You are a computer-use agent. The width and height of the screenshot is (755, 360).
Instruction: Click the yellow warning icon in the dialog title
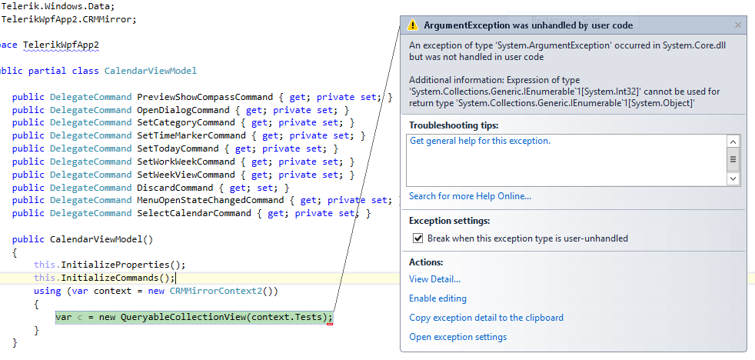[413, 25]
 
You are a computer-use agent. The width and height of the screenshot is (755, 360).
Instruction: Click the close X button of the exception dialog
[738, 25]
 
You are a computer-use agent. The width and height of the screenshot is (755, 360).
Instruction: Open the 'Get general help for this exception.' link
[480, 141]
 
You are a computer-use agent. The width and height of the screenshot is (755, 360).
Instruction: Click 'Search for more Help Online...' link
[470, 196]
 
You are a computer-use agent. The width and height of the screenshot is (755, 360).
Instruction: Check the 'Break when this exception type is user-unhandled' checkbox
[418, 238]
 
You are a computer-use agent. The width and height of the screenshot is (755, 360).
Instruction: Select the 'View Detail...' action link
[434, 279]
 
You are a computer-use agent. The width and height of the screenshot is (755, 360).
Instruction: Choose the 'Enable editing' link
[437, 298]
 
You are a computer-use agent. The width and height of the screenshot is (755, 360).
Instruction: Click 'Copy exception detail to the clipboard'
[486, 318]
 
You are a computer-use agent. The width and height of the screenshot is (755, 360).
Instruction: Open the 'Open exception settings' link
[457, 337]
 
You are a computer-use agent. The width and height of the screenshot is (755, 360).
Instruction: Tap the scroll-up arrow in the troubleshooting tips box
[733, 142]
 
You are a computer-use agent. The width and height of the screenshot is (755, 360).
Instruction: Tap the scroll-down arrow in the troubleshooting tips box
[733, 178]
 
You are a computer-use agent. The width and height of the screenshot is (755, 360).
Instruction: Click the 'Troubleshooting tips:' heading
[453, 125]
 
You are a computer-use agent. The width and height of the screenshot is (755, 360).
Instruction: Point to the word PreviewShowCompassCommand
[205, 97]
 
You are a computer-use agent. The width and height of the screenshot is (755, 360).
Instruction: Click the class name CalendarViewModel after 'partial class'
[151, 71]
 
